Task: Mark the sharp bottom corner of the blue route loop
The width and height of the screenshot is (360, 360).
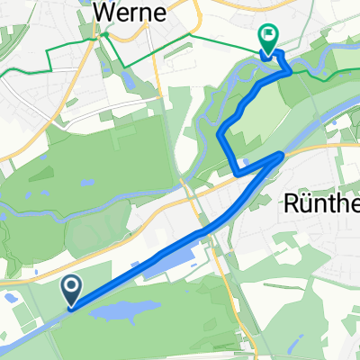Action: (x=237, y=171)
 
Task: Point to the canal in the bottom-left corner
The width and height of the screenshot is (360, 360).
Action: (x=18, y=341)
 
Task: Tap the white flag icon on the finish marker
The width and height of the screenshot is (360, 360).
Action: (x=268, y=36)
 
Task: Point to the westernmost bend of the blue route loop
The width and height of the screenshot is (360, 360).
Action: (x=220, y=135)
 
